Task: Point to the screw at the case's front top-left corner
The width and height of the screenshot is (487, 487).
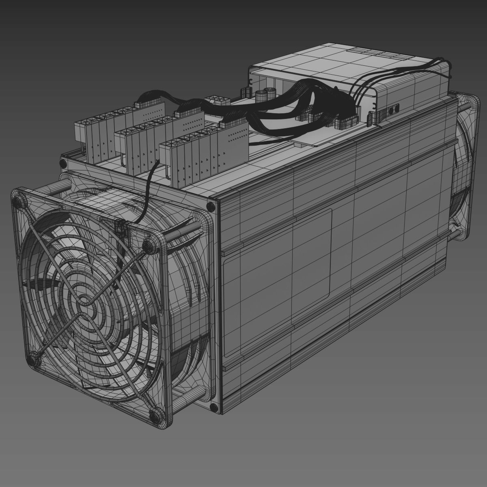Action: (x=63, y=163)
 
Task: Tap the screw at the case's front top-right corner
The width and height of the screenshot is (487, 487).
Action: (x=211, y=206)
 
